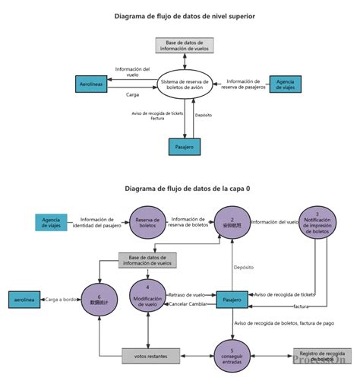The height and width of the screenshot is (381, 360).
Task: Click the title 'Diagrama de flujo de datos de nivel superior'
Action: coord(185,15)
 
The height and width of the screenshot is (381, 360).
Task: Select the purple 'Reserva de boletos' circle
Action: coord(147,222)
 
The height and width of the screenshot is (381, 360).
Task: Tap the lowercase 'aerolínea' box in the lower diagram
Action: coord(25,300)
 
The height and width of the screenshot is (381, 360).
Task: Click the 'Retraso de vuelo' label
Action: coord(187,294)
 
